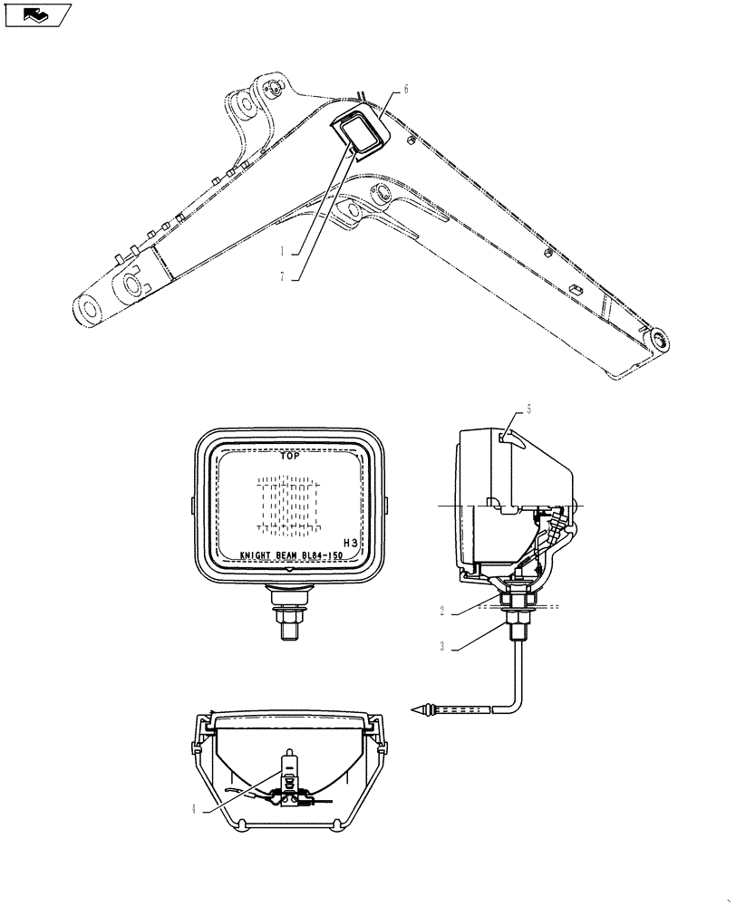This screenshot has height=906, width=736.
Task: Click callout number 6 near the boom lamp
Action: [x=405, y=89]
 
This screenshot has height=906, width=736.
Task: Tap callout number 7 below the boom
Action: [x=283, y=278]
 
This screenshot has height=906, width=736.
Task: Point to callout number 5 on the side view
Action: [x=528, y=410]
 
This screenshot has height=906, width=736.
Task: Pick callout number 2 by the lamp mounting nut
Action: [x=441, y=611]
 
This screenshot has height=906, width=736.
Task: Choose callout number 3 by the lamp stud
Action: [x=441, y=646]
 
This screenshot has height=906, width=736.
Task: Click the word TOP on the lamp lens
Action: [x=290, y=457]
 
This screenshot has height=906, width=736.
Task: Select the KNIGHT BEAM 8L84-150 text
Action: [x=290, y=558]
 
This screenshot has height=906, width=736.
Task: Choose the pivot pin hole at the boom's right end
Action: [x=658, y=342]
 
